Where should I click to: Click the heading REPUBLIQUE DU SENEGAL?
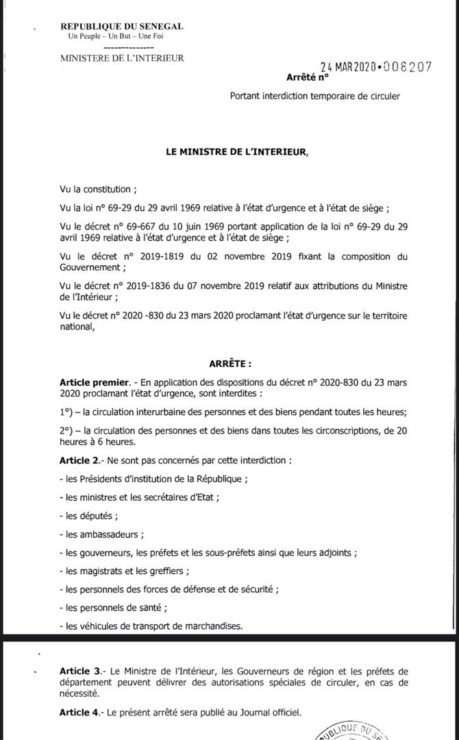coord(121,26)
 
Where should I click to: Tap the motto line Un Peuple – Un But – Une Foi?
coord(121,36)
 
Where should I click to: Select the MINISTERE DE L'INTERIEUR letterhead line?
coord(122,58)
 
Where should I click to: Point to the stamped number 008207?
coord(408,66)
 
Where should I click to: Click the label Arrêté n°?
coord(303,77)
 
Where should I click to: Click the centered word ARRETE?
coord(230,364)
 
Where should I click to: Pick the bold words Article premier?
coord(95,381)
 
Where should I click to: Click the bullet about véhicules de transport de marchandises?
coord(151,626)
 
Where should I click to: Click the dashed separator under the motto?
coord(122,47)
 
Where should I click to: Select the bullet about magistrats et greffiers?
coord(124,571)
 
